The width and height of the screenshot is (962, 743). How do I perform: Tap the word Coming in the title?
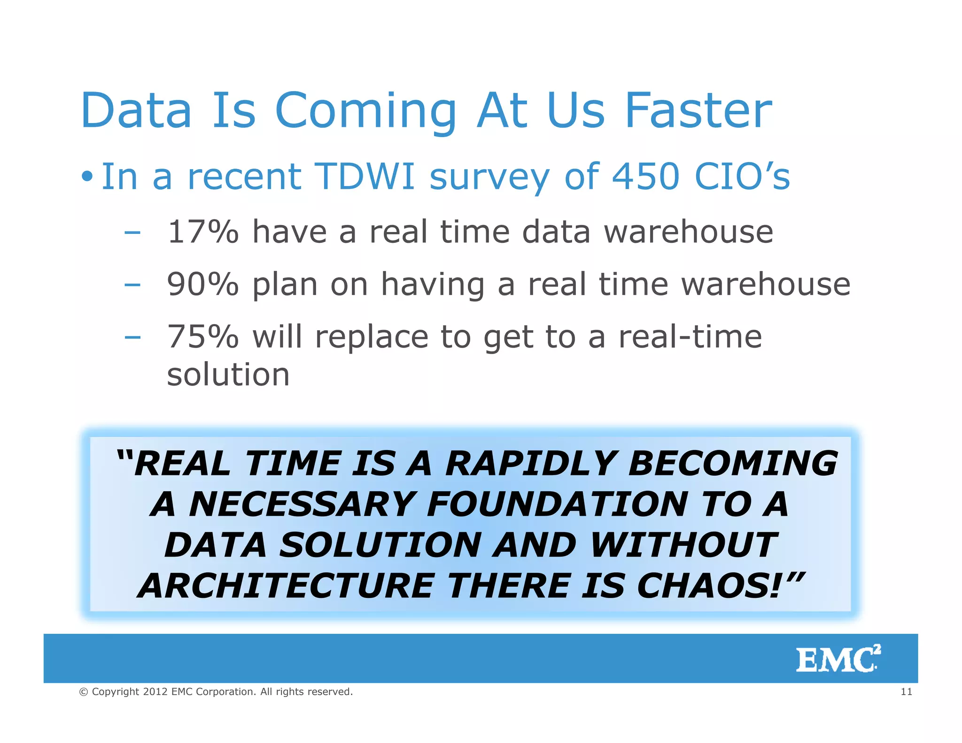[365, 112]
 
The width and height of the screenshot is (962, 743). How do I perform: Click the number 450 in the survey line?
[646, 177]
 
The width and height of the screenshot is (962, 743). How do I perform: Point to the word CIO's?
[742, 177]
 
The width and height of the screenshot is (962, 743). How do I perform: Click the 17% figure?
[203, 232]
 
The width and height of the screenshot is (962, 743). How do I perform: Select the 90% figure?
[203, 284]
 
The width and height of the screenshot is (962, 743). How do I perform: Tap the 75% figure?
[203, 337]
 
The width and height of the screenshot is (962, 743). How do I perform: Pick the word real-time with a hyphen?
[690, 337]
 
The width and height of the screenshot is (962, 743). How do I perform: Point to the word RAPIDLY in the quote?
[531, 464]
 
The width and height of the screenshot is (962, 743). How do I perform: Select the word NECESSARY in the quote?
[302, 504]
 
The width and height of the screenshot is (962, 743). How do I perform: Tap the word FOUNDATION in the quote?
[557, 504]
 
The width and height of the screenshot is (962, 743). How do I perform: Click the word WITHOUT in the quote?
[683, 545]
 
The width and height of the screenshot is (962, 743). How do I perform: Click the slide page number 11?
[906, 692]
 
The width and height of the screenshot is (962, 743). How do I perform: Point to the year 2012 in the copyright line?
[155, 692]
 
